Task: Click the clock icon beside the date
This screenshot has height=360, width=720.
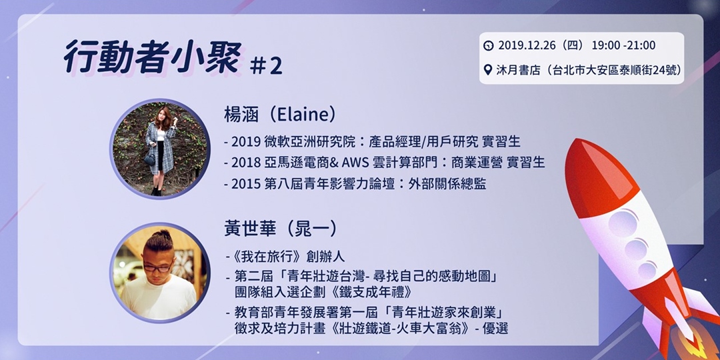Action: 489,45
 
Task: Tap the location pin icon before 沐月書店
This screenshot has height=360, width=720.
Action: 489,69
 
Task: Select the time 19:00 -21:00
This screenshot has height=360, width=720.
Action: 623,45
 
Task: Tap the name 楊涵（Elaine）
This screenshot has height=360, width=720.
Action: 279,114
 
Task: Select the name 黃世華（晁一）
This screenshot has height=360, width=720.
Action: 281,229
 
